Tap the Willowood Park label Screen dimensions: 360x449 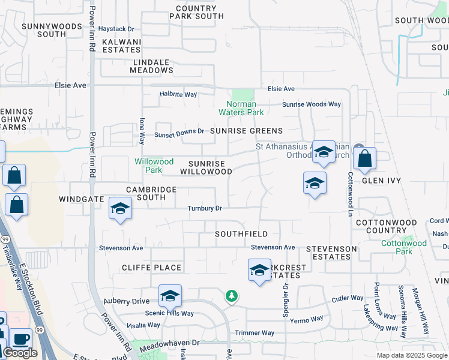coord(154,166)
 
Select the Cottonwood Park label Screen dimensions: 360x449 coord(404,247)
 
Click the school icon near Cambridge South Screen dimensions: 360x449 coord(120,209)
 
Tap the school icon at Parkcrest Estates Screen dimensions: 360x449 coord(259,271)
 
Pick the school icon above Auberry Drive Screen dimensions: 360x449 coord(170,296)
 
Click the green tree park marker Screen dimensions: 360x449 coord(232,296)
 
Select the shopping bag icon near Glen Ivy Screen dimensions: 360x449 coord(364,160)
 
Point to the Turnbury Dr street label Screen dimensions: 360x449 coord(205,208)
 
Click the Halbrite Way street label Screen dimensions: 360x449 coord(178,94)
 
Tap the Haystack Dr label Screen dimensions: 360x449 coord(116,29)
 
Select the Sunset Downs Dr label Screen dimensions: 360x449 coord(179,133)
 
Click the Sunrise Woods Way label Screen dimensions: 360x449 coord(312,104)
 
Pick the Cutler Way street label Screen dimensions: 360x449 coord(348,298)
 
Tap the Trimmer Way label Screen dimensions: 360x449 coord(255,333)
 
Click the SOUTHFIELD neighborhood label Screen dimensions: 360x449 coord(241,234)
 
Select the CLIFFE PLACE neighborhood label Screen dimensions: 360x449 coord(151,268)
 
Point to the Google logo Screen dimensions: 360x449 coord(20,353)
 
